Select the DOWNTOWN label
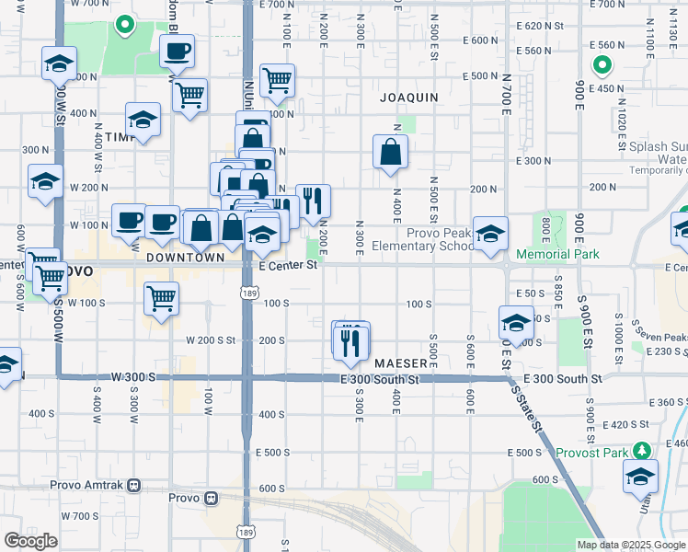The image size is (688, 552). coord(184,259)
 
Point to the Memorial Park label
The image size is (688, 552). coord(557,254)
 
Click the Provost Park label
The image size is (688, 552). coord(591,453)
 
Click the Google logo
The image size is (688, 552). coord(29,541)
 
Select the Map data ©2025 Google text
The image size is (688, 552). coord(630,545)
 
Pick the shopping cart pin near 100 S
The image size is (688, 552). coord(161,299)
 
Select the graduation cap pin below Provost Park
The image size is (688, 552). coord(640,477)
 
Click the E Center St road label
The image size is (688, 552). coord(288,266)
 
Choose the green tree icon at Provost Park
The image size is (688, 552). coord(646,451)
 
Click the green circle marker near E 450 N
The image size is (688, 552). coord(602,65)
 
